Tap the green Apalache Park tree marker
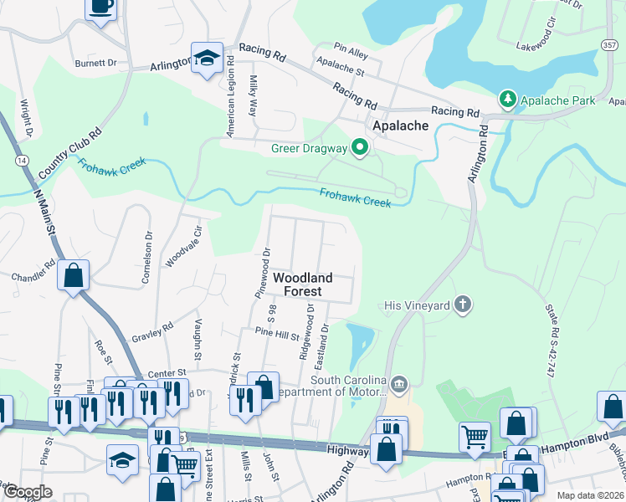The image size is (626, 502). tap(507, 100)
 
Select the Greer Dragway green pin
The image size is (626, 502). tap(361, 149)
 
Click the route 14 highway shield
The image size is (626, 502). tap(19, 159)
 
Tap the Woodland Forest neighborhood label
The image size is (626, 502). tap(302, 284)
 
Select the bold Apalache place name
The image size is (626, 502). tap(400, 125)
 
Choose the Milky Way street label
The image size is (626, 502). tap(253, 95)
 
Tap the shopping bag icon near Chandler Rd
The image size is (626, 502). tap(74, 274)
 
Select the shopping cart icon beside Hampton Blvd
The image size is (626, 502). tap(475, 435)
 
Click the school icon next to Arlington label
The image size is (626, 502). tap(207, 58)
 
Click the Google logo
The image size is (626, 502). tap(28, 492)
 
